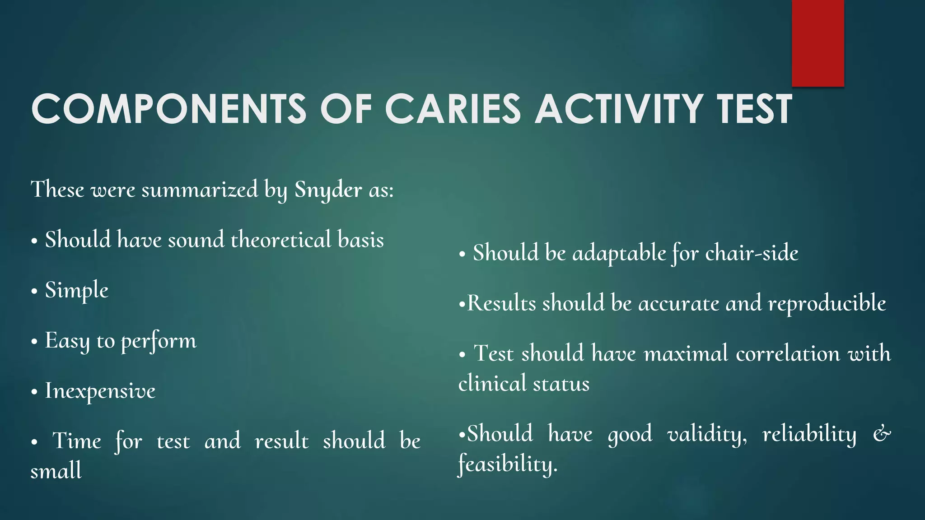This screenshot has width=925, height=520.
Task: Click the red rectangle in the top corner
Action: pyautogui.click(x=818, y=43)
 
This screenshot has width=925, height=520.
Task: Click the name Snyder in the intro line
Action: pyautogui.click(x=328, y=190)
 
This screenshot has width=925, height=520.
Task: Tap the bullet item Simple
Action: pyautogui.click(x=76, y=290)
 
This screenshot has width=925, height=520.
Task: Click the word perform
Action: pyautogui.click(x=159, y=341)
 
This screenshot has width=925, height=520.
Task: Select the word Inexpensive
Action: pyautogui.click(x=100, y=391)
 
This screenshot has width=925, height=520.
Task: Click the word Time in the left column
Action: pyautogui.click(x=77, y=441)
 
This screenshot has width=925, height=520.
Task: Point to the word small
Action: pyautogui.click(x=56, y=471)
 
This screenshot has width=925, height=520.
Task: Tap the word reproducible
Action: pyautogui.click(x=827, y=303)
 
